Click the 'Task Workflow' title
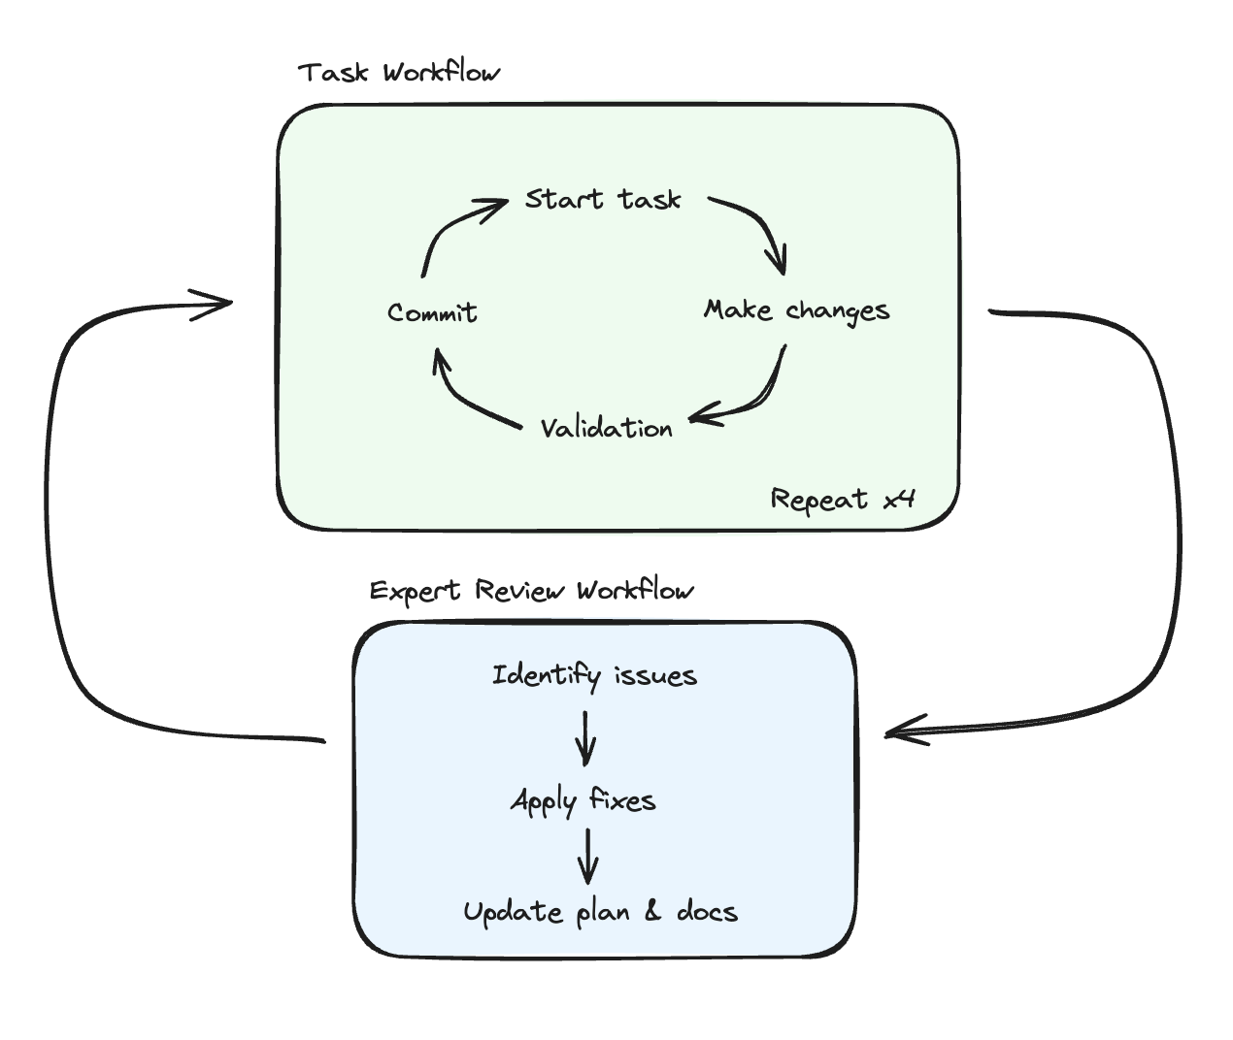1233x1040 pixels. click(x=399, y=73)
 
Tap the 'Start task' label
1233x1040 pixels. click(x=603, y=199)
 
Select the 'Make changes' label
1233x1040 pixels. click(x=796, y=310)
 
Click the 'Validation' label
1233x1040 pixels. click(x=606, y=428)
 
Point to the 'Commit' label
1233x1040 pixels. click(x=432, y=312)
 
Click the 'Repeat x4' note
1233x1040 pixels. click(x=843, y=500)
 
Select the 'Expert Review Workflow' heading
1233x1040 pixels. click(x=532, y=591)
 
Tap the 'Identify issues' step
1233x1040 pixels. click(x=594, y=675)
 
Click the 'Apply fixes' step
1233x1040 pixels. click(x=583, y=801)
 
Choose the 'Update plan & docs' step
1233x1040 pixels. click(x=600, y=912)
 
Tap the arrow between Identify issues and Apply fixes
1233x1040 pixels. click(x=585, y=739)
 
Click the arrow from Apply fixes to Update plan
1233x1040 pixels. click(x=587, y=857)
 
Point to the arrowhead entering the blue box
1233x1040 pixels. click(x=902, y=731)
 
